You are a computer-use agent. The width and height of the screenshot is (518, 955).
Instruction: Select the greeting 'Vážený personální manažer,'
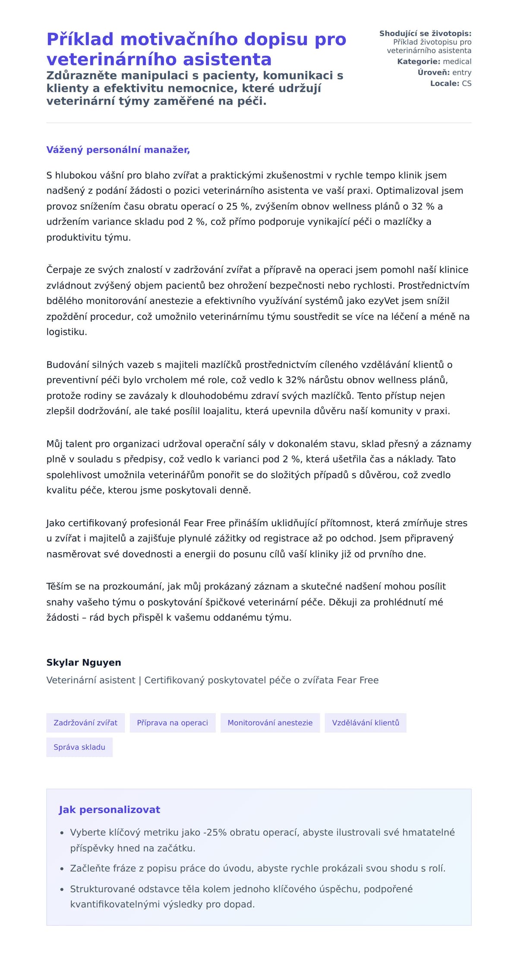(118, 150)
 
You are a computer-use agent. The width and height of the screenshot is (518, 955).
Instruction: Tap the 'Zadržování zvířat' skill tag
(85, 723)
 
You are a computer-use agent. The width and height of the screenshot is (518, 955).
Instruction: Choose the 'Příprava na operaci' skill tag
(172, 723)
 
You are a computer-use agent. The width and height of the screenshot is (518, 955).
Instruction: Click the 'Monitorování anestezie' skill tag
(270, 723)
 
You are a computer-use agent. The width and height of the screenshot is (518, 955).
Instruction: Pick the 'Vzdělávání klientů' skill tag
(365, 723)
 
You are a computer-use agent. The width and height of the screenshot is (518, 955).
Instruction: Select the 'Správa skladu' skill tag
(79, 747)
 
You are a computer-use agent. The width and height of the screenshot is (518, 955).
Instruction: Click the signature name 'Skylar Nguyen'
(84, 663)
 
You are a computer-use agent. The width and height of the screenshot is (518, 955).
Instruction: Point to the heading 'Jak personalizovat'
(109, 810)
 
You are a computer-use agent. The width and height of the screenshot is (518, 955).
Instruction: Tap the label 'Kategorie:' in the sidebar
(418, 62)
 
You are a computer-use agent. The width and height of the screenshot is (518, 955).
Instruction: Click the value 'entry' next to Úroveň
(461, 72)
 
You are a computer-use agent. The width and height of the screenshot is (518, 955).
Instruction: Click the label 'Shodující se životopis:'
(425, 34)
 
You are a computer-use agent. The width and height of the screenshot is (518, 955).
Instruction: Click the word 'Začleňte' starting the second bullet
(88, 868)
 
